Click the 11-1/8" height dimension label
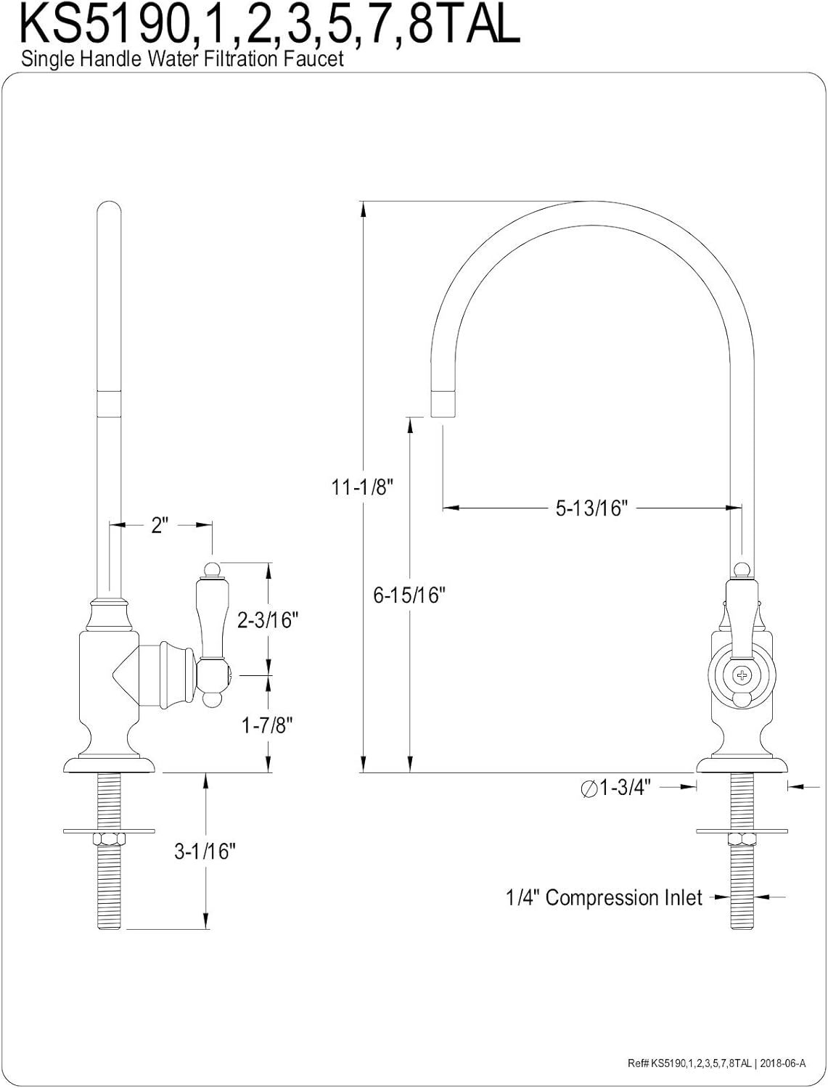362,487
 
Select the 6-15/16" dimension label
409,594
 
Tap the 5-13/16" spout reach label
591,508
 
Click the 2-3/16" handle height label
268,619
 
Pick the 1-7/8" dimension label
267,725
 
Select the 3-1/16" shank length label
205,851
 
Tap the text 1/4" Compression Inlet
604,897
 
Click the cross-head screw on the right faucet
742,675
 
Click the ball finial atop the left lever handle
212,569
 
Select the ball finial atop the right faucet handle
742,570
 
